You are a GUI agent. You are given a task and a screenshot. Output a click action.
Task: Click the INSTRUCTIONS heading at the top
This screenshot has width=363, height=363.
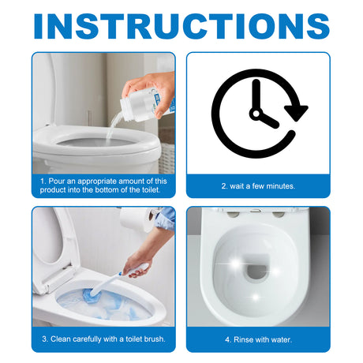(x=181, y=25)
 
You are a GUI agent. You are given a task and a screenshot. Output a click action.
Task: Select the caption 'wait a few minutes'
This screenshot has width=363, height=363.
(x=258, y=186)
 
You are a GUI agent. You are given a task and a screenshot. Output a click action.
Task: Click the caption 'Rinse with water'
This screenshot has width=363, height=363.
(x=258, y=339)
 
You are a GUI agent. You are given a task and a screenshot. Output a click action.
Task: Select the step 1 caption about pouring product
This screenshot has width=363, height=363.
(x=103, y=186)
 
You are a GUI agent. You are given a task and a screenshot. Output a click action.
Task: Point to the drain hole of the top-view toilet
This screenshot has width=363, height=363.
(x=258, y=273)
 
